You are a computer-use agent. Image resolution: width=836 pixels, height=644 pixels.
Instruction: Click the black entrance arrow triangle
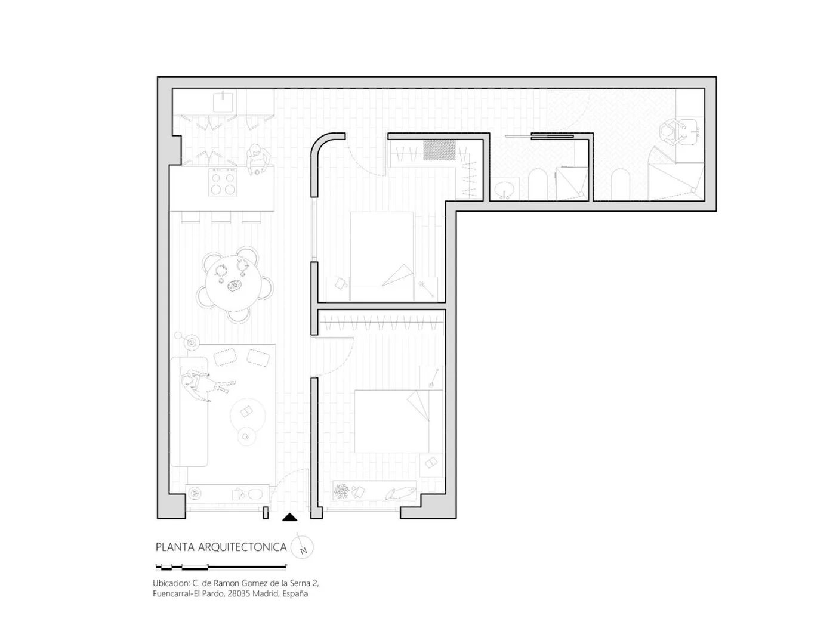[289, 518]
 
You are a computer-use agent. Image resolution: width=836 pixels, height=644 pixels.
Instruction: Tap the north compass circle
[302, 547]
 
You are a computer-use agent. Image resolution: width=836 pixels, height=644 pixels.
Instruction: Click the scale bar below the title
[221, 566]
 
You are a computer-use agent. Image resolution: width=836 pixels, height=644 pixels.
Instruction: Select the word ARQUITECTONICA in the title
[242, 547]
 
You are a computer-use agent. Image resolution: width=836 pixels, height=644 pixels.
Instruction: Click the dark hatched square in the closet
[439, 150]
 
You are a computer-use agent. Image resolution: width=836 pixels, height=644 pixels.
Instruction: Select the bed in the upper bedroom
[382, 256]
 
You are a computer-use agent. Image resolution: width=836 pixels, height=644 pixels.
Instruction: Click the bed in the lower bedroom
[397, 422]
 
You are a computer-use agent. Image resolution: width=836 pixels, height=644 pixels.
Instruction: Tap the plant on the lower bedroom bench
[341, 491]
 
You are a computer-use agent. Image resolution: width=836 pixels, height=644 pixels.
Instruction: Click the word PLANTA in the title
[175, 547]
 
